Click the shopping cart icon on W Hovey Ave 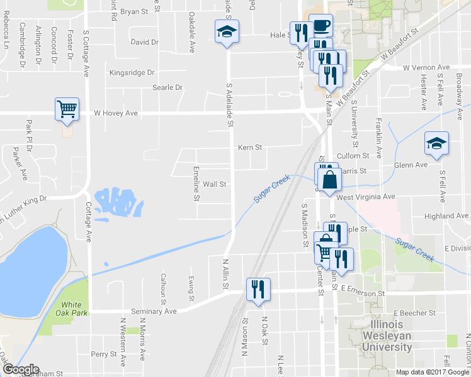[67, 109]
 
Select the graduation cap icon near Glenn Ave [436, 143]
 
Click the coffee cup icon [321, 25]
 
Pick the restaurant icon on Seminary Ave [258, 289]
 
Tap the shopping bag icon [329, 179]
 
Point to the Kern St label [249, 148]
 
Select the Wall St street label [214, 185]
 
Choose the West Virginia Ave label [366, 197]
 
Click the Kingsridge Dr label [132, 73]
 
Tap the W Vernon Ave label [426, 67]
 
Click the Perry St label [100, 354]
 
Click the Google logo [21, 369]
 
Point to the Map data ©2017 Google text [432, 372]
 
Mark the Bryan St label [133, 11]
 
